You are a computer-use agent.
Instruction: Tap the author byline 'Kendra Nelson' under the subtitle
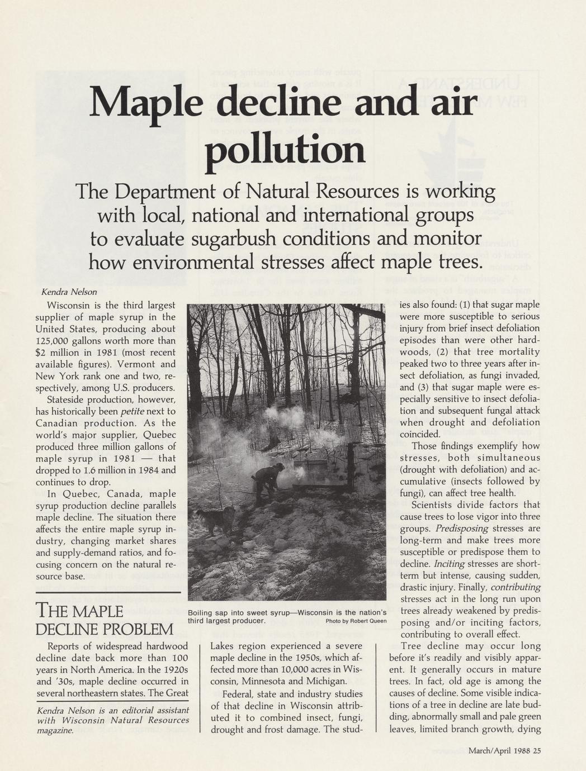[x=69, y=292]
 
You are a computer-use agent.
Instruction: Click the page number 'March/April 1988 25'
[x=504, y=750]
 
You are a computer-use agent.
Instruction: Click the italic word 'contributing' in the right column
[x=515, y=587]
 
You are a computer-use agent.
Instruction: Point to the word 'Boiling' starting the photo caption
[x=201, y=612]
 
